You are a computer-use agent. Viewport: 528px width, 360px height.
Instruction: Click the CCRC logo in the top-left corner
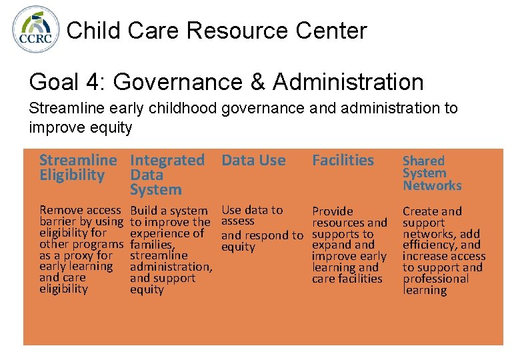(x=37, y=30)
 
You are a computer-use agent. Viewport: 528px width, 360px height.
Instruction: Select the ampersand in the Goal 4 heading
(x=255, y=83)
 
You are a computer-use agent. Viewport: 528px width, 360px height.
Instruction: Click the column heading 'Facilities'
(x=343, y=160)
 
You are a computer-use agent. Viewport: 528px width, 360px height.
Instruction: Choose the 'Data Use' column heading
(x=253, y=160)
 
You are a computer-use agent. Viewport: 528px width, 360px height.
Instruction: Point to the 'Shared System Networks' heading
(x=432, y=173)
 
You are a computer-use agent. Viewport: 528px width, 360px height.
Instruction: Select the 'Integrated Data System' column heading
(x=167, y=175)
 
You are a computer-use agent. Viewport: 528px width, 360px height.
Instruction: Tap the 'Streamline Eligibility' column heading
(x=77, y=167)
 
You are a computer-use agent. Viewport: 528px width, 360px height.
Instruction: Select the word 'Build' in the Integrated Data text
(x=143, y=211)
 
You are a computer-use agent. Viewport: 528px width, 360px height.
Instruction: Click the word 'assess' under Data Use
(x=238, y=221)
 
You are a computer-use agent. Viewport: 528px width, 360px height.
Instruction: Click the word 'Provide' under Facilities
(x=333, y=211)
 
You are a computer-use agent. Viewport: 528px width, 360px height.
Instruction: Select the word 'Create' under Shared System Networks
(x=419, y=211)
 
